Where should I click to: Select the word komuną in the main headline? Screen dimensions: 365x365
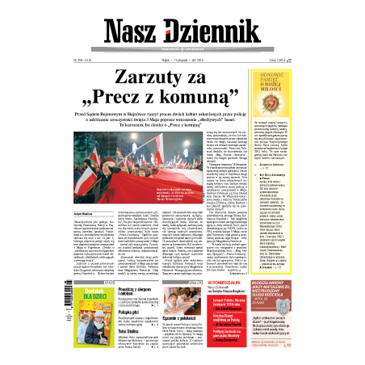coord(219,102)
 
